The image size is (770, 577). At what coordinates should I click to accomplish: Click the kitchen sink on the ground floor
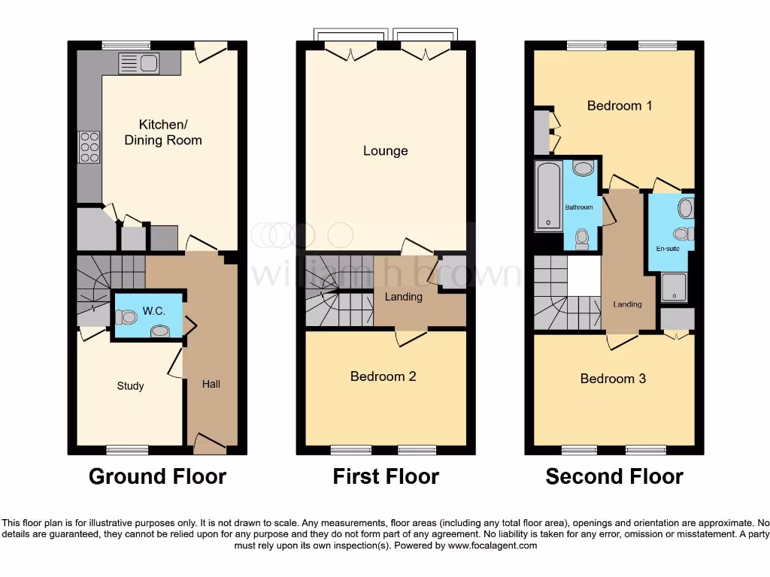tap(138, 64)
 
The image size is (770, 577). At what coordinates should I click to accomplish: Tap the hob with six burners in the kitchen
tap(89, 147)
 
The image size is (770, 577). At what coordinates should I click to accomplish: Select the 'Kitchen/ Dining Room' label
tap(163, 132)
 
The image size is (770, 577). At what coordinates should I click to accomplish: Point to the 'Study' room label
tap(130, 386)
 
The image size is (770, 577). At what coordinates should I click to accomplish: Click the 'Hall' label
tap(211, 384)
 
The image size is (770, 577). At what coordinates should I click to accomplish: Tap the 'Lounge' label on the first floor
tap(385, 151)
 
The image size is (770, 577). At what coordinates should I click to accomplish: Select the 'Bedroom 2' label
tap(383, 376)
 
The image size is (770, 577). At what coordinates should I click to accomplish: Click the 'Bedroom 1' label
tap(620, 106)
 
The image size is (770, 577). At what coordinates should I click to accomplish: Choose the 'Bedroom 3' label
tap(613, 379)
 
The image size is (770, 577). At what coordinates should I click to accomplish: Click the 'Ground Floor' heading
tap(157, 476)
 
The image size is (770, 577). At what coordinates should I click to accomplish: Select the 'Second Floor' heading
tap(614, 476)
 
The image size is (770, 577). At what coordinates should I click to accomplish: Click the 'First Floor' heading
tap(386, 476)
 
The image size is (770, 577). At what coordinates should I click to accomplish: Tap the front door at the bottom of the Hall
tap(211, 444)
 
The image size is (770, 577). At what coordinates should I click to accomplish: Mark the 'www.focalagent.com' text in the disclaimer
tap(492, 545)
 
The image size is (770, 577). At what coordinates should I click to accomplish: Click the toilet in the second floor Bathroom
tap(581, 238)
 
